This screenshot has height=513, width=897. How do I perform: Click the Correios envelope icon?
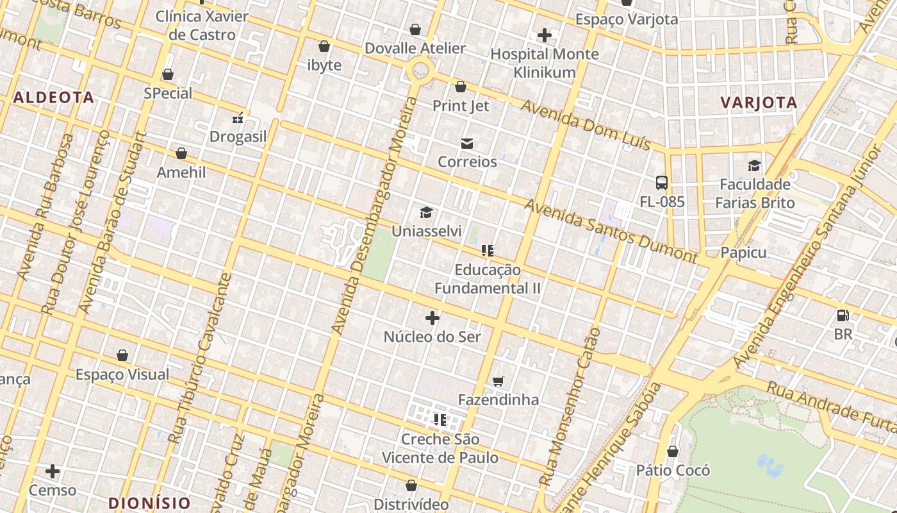pos(467,144)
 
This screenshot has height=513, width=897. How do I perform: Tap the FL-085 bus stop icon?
pos(662,183)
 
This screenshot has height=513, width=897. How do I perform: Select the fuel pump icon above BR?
pos(843,315)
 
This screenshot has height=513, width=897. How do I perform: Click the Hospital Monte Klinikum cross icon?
pos(545,35)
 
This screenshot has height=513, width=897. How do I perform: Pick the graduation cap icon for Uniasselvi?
pos(426,212)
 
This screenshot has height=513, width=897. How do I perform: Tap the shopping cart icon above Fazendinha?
pos(498,382)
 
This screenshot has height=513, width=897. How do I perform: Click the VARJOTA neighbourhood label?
pos(759,103)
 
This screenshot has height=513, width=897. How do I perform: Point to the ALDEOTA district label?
pos(54,97)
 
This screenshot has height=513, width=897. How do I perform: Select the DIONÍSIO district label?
pos(149,503)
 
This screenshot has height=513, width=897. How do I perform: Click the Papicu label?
pos(743,253)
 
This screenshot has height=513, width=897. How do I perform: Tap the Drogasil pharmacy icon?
pos(238,118)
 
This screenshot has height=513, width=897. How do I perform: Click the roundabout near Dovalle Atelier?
pos(420,69)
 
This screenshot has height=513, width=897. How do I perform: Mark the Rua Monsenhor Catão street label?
pos(570,407)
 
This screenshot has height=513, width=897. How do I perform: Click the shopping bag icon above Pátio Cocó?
pos(673,451)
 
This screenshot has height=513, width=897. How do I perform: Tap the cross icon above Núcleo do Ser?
pos(432,318)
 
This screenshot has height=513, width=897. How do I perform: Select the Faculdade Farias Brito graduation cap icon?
pos(755,166)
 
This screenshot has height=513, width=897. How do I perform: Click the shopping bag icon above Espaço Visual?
pos(122,355)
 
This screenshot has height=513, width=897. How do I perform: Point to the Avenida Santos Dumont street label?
pos(610,231)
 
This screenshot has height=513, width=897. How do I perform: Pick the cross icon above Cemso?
pos(53,472)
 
